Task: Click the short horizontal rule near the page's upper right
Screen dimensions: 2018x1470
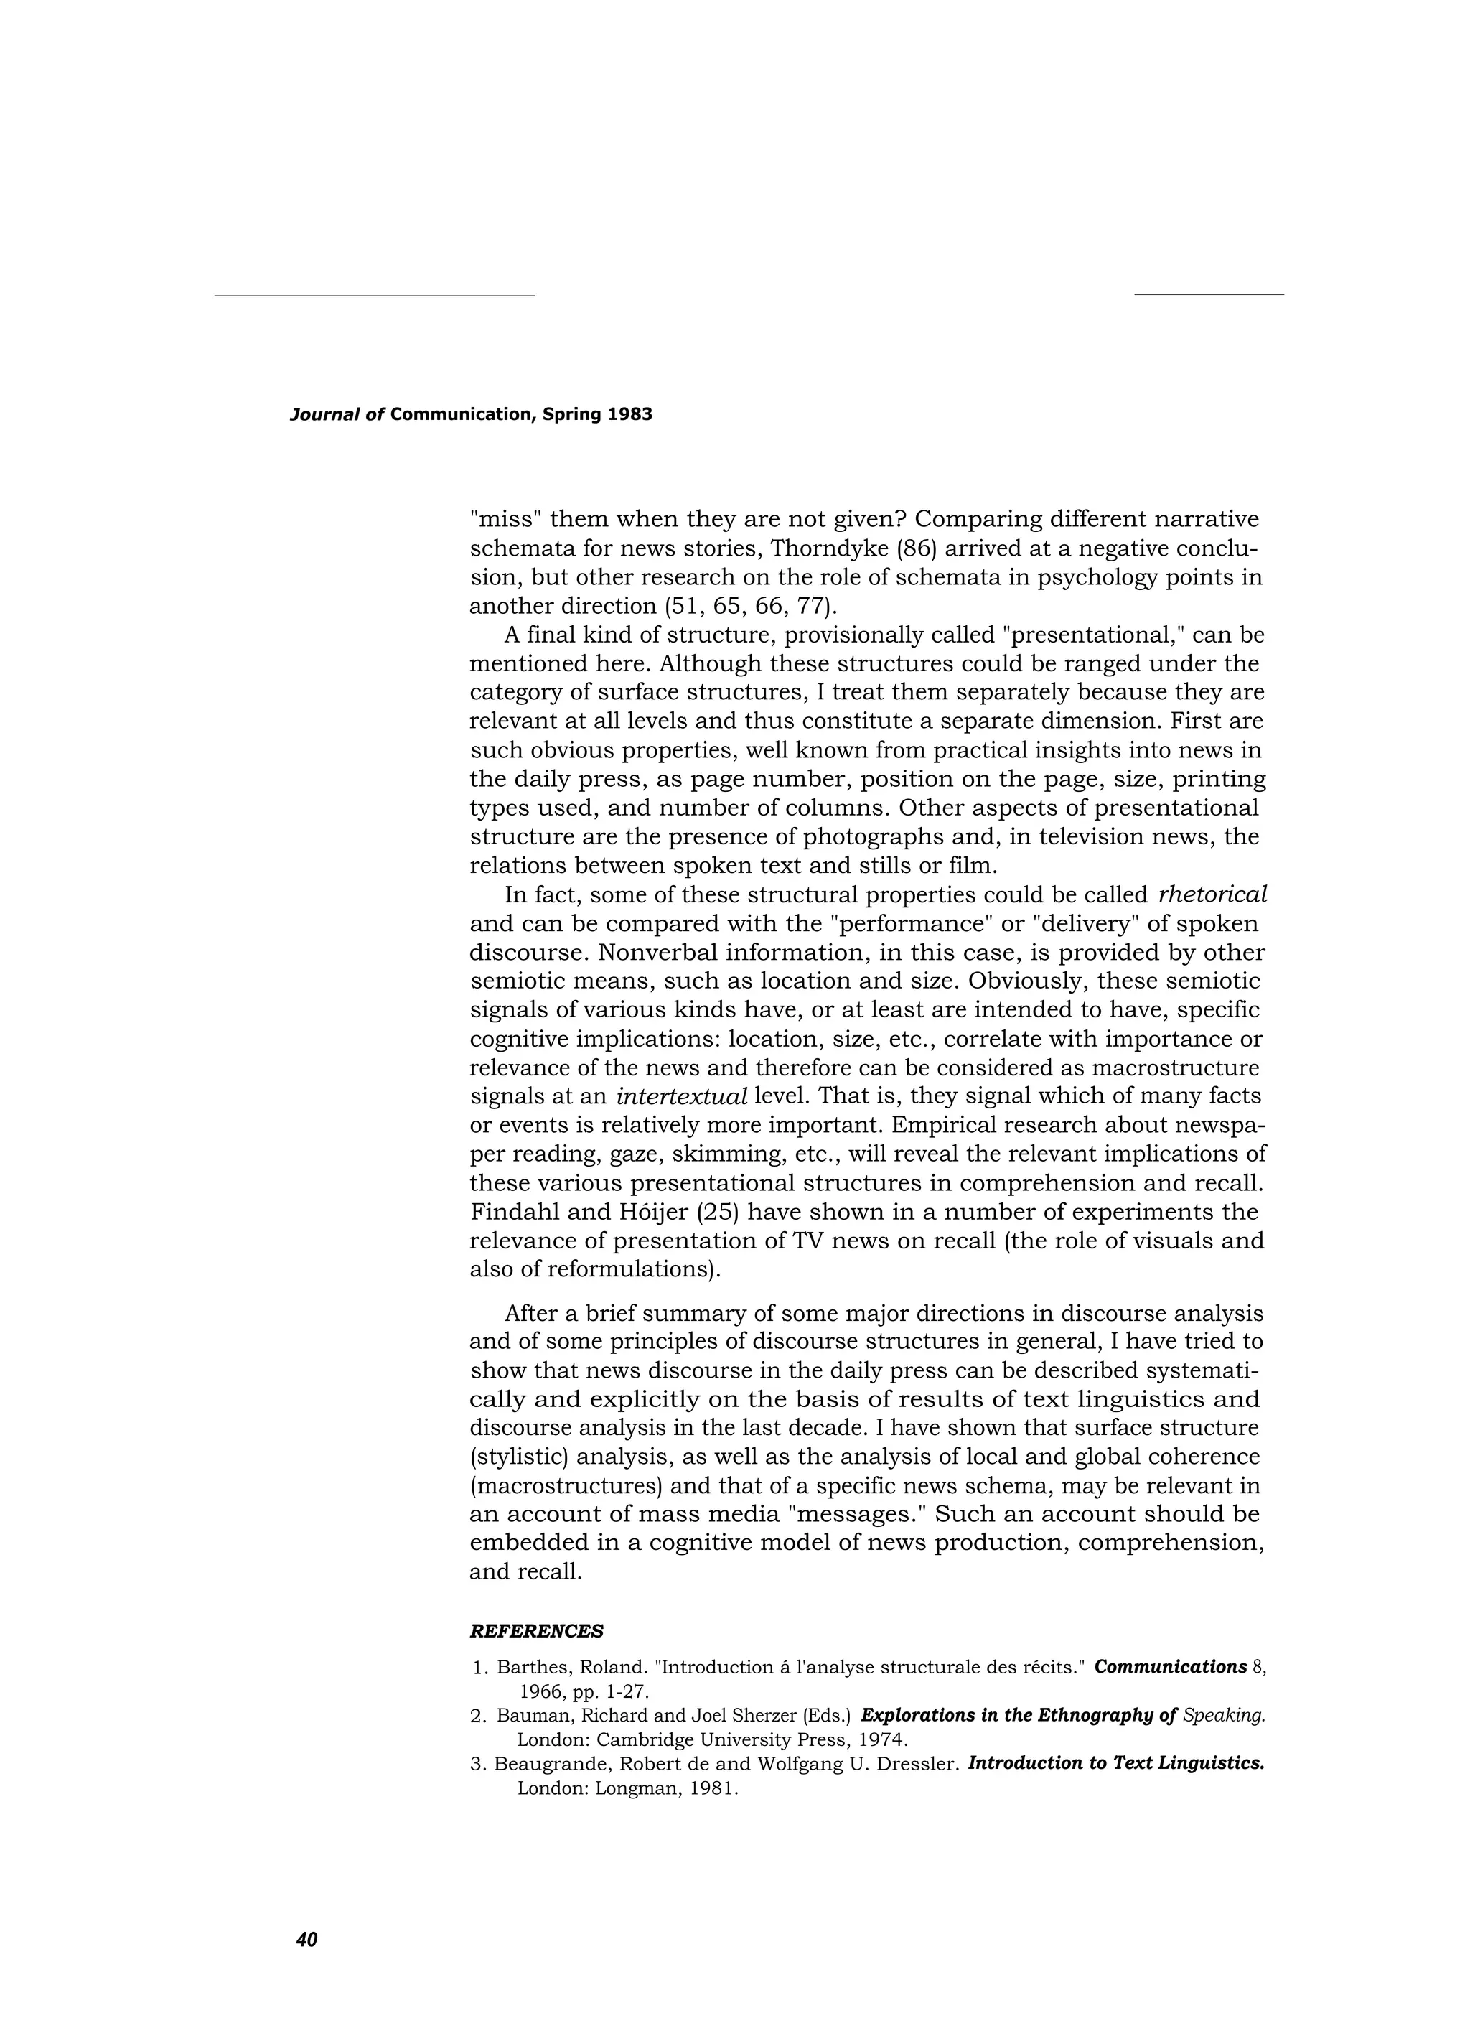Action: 1209,294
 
